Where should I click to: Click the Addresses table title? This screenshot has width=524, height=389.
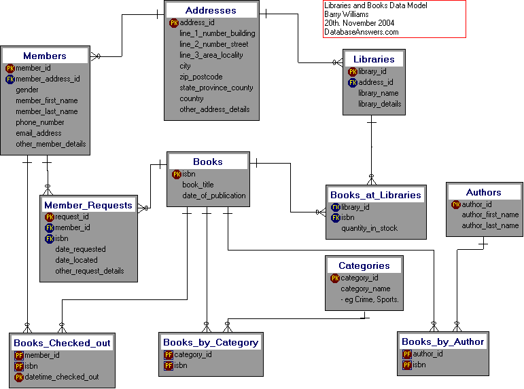click(211, 10)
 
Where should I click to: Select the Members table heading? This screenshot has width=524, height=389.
click(45, 56)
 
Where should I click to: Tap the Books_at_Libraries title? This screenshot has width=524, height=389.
click(375, 195)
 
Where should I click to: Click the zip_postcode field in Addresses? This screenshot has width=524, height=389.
click(200, 77)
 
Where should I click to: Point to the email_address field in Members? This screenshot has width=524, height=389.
click(39, 133)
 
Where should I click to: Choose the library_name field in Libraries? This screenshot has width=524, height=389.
click(378, 93)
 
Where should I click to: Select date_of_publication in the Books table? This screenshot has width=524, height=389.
click(214, 196)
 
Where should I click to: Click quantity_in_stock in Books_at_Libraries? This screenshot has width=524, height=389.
click(369, 228)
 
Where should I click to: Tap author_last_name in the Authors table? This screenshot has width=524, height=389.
click(490, 225)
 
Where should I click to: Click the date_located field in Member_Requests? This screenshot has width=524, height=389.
click(76, 260)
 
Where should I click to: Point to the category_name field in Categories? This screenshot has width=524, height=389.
click(366, 289)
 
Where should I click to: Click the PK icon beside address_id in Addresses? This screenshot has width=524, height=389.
click(174, 22)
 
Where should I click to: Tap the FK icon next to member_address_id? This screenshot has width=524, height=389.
click(10, 79)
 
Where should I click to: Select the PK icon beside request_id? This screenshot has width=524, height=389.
click(49, 217)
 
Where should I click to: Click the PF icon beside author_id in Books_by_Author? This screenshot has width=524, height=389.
click(407, 354)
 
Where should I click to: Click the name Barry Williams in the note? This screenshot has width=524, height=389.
click(347, 14)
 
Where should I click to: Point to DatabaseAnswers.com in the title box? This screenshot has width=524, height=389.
click(362, 31)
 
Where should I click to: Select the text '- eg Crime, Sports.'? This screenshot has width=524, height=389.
click(370, 299)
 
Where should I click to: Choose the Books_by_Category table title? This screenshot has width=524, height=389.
click(211, 342)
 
